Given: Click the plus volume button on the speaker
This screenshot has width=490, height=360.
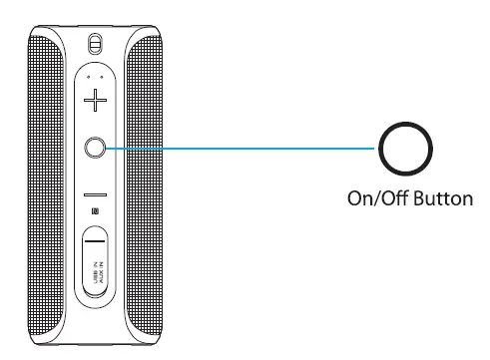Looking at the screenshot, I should [95, 101].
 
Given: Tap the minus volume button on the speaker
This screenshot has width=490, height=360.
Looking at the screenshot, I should [95, 192].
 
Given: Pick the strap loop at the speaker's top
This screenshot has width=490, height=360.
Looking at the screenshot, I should [95, 45].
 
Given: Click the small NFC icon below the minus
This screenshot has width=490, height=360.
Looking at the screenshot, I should [95, 210].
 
